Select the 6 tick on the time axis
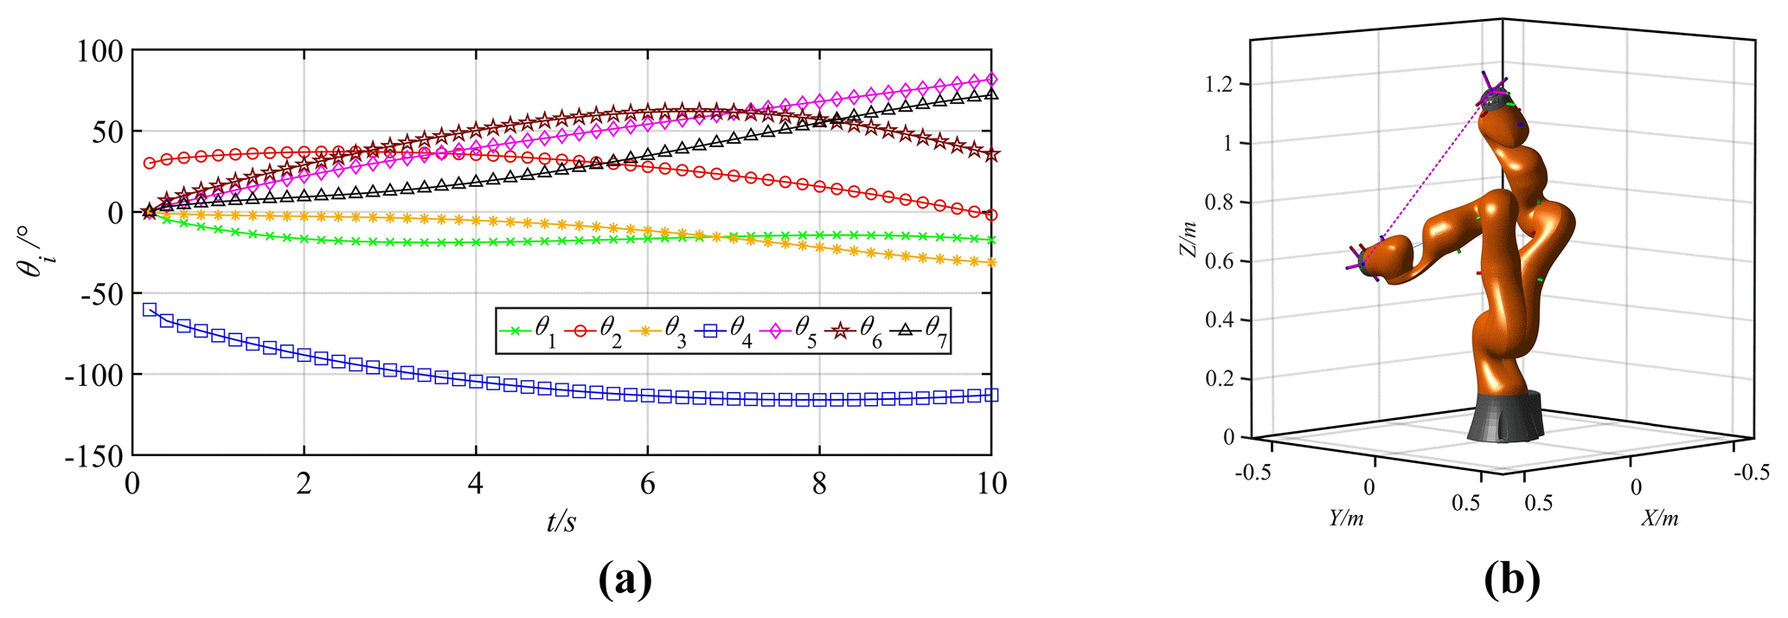[647, 484]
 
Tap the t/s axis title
[561, 522]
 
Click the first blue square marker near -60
[150, 310]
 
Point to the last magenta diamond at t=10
[991, 80]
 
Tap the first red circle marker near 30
[150, 163]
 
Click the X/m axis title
[1660, 518]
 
